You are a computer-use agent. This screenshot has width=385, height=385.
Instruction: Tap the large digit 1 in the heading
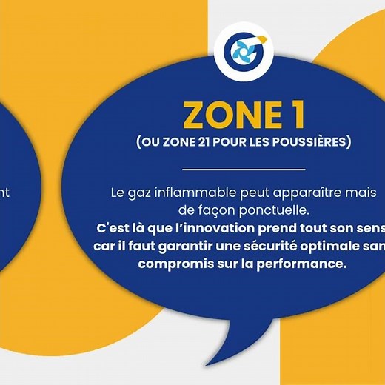[x=287, y=115]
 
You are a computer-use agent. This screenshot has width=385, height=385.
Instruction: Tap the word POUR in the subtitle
[x=245, y=142]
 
